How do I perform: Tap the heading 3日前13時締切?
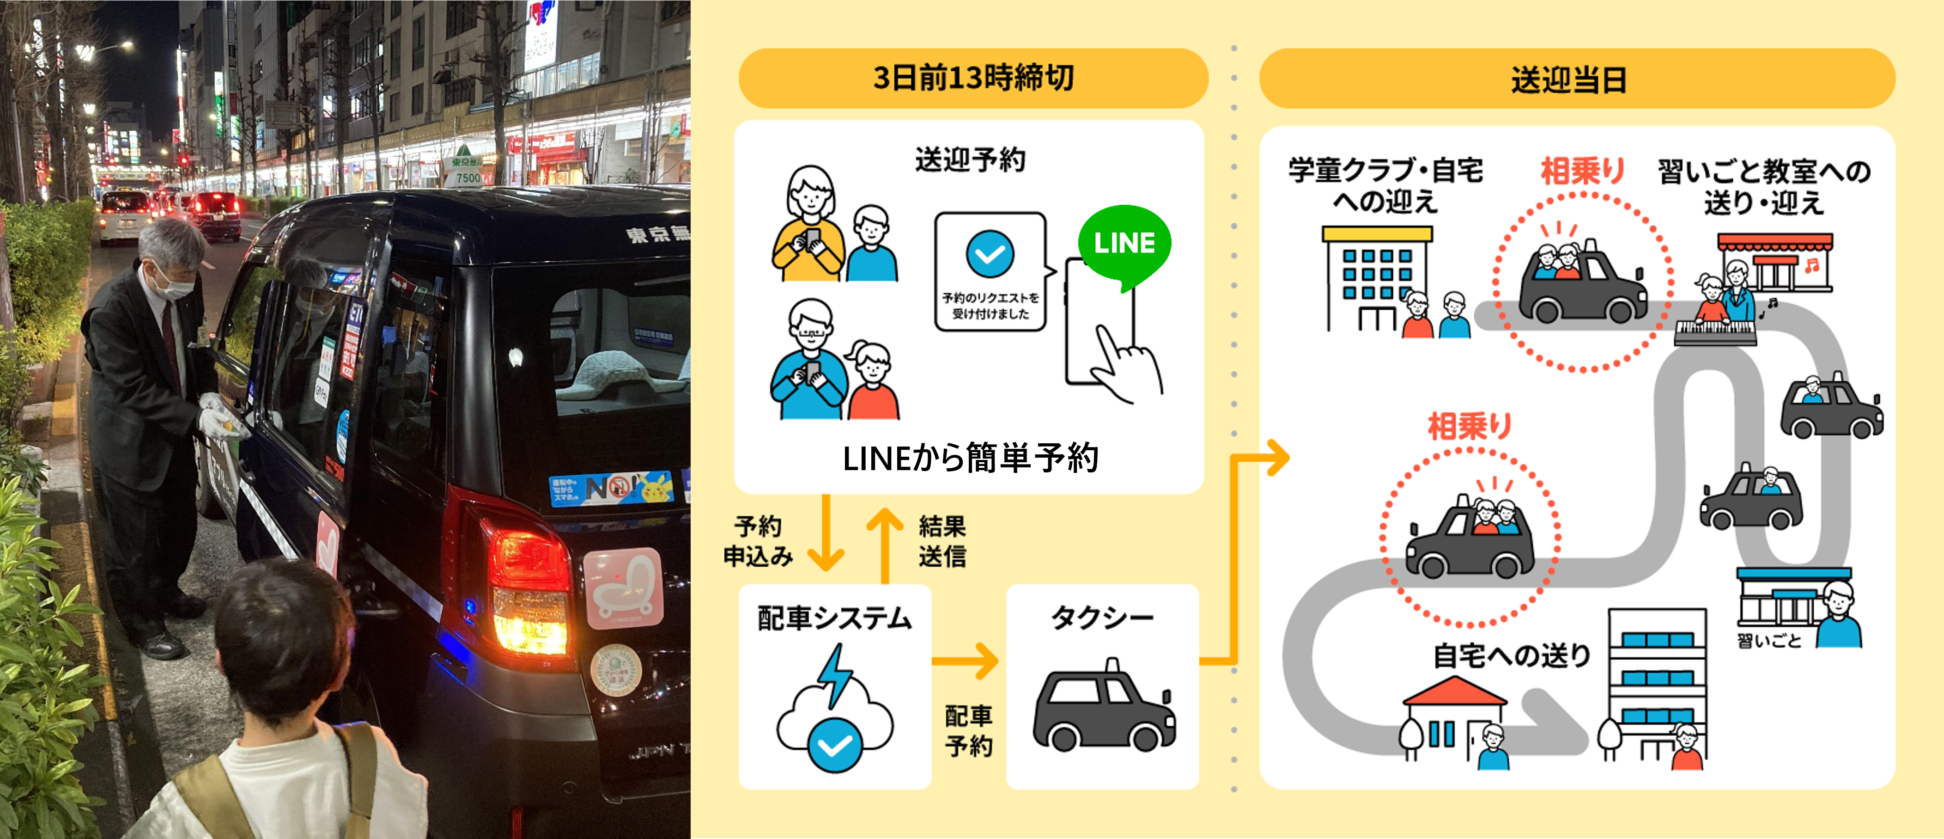973,78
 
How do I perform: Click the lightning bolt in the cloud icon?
835,674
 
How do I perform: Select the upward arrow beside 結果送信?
885,542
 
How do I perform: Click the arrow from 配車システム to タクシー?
966,661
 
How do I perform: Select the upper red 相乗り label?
1583,171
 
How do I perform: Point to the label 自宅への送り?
1512,655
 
